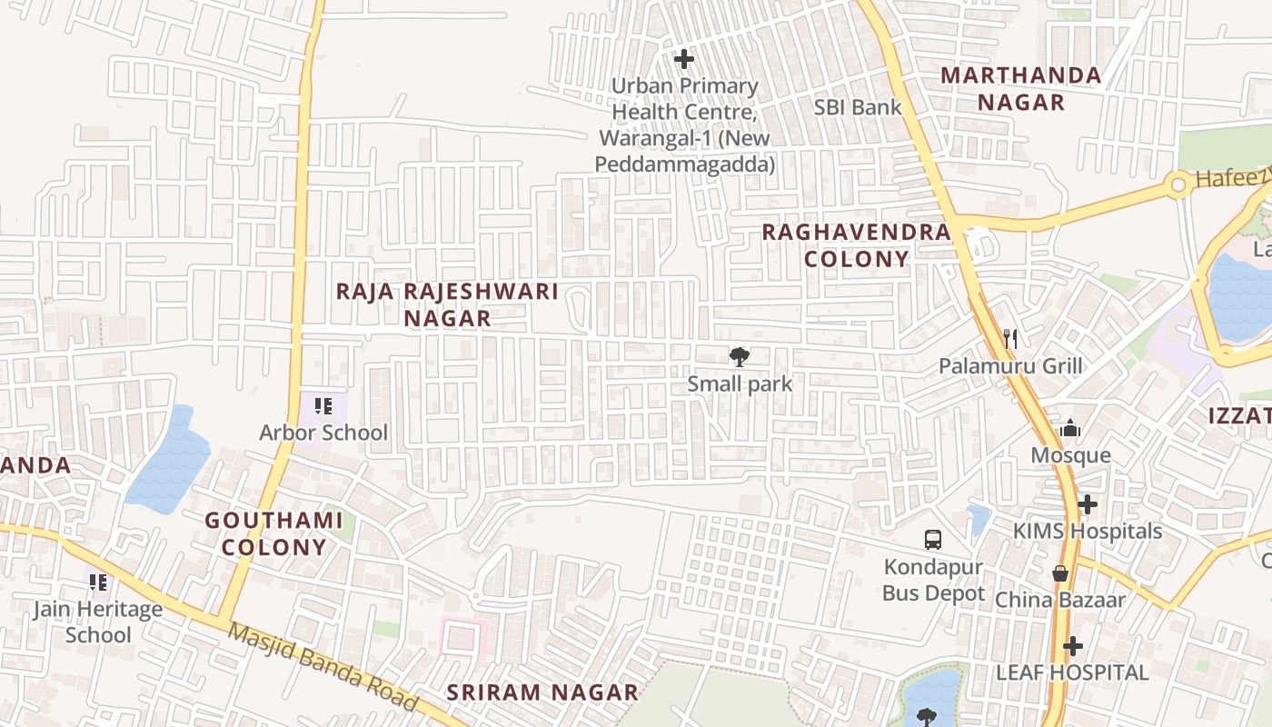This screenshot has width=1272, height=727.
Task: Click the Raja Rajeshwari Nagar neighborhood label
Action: (x=447, y=304)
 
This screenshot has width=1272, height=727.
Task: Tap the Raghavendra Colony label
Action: (x=856, y=245)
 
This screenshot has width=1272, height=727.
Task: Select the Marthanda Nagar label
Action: (x=1021, y=88)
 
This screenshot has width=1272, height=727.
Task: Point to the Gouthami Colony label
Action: (x=273, y=533)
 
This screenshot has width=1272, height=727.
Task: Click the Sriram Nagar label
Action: (x=542, y=692)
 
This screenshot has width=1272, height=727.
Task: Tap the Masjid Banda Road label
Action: (x=322, y=667)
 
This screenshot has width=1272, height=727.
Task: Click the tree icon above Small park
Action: (x=740, y=356)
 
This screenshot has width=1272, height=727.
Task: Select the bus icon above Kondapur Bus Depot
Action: (x=933, y=539)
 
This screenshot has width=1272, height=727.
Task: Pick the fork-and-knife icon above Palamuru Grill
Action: (x=1009, y=339)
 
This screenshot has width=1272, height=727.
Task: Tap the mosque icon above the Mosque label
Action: (x=1070, y=428)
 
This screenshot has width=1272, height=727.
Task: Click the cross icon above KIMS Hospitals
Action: (x=1088, y=503)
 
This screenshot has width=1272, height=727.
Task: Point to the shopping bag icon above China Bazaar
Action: (x=1059, y=573)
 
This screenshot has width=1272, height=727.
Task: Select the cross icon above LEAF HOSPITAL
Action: (x=1073, y=646)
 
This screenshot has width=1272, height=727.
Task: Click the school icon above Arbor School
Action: (x=323, y=405)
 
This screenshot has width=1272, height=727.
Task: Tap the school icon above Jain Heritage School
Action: (x=98, y=582)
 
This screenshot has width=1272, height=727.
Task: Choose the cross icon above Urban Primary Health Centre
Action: (x=684, y=60)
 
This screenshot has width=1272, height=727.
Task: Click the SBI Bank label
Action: (x=858, y=107)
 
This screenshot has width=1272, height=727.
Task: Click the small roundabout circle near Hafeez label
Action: (x=1178, y=185)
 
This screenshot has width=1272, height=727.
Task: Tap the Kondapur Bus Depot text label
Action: (x=933, y=581)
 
